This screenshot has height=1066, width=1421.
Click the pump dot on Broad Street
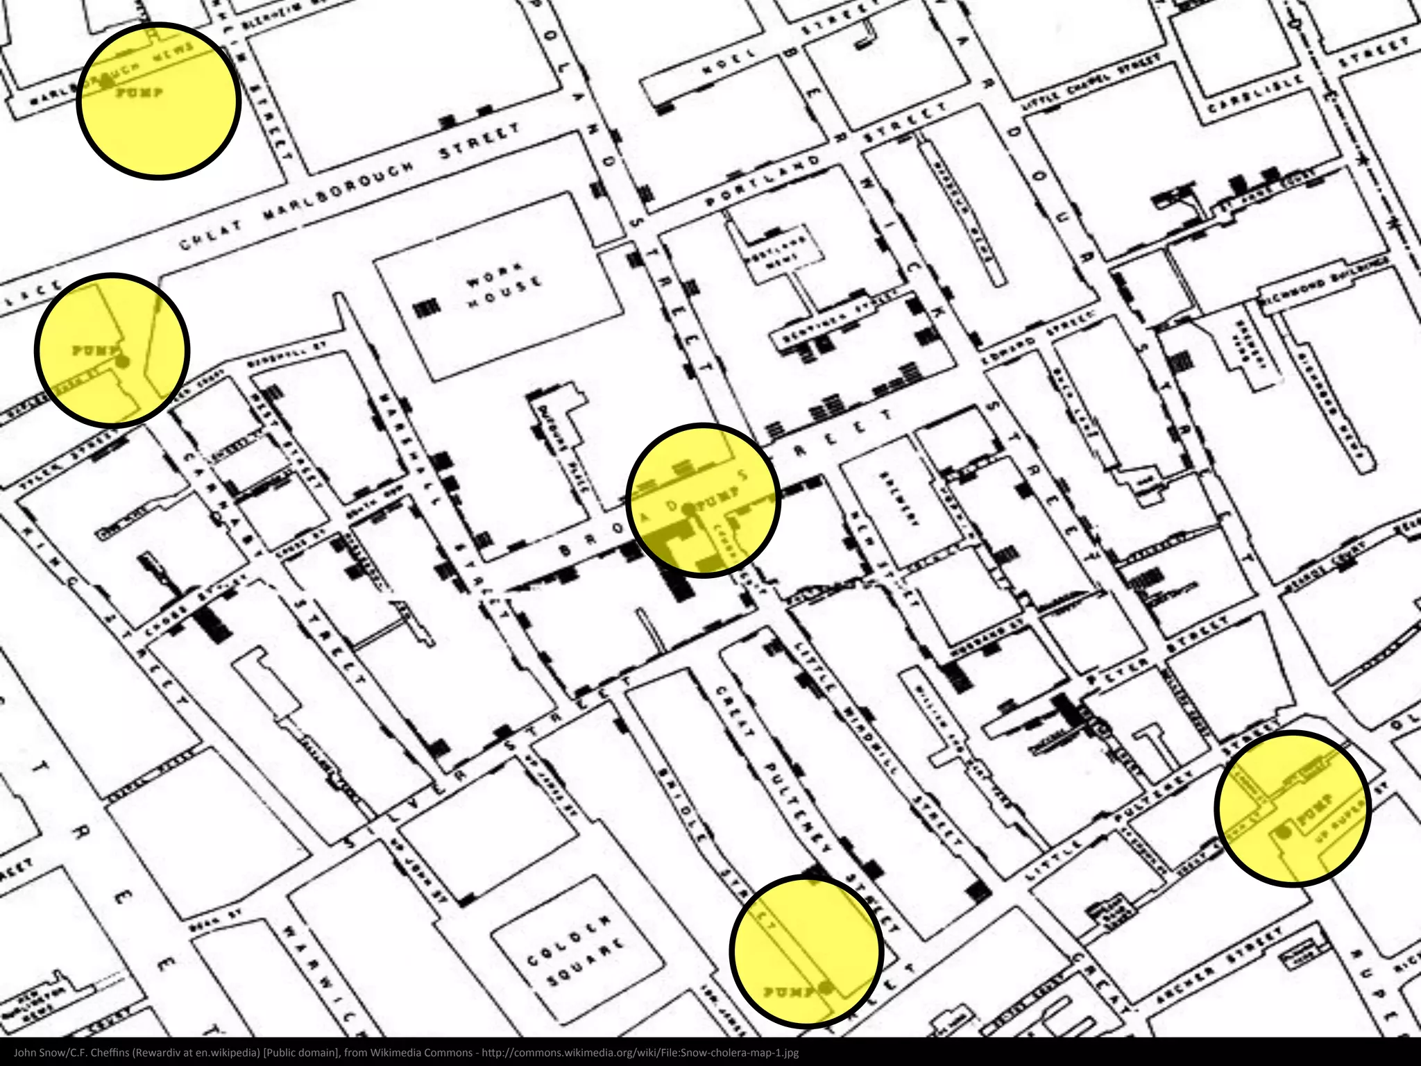688,509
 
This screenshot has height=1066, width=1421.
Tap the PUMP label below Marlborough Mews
139,92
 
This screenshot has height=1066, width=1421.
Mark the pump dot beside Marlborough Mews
107,81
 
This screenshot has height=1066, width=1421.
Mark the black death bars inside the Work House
427,308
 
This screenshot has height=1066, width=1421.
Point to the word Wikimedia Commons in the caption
421,1052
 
